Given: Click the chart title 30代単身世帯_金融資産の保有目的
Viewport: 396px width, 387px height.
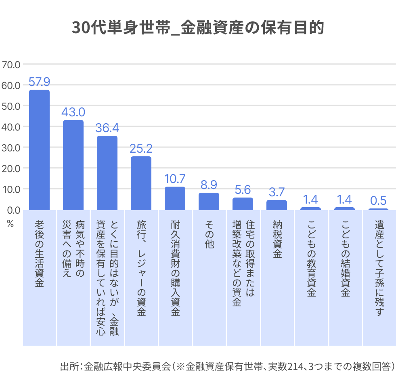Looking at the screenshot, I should coord(198,29).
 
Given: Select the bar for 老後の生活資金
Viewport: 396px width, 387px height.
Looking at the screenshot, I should coord(39,149).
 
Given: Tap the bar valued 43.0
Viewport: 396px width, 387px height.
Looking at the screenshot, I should coord(73,165).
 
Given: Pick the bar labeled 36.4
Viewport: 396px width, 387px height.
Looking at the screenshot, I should coord(107,172).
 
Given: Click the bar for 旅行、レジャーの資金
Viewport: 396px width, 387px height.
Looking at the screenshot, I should coord(141,183).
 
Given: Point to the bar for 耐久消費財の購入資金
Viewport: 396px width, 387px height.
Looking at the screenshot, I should coord(175,198).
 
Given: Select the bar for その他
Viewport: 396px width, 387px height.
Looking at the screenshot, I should coord(209,201).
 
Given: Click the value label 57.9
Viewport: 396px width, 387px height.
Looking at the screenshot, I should coord(39,82).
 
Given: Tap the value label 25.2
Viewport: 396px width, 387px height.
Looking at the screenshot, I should coord(141,149).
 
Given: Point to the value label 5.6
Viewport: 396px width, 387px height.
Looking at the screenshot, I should coord(243,190).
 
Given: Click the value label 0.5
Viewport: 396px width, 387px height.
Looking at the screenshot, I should coord(378,200).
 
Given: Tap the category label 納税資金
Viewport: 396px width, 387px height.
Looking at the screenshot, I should coord(277,239).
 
